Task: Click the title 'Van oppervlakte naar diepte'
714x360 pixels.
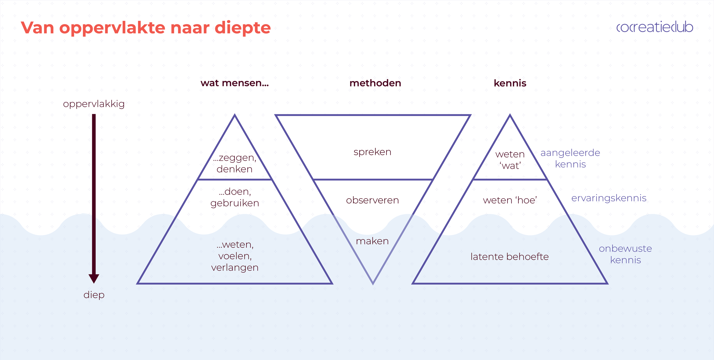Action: point(146,28)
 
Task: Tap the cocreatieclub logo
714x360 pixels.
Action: point(655,27)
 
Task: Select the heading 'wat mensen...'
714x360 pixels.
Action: point(234,83)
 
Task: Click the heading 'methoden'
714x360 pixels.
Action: point(375,83)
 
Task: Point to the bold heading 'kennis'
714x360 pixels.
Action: point(510,83)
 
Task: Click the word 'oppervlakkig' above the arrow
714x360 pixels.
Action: point(94,104)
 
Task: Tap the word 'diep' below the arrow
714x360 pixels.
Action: point(94,295)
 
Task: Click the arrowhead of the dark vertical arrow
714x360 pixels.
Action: point(94,278)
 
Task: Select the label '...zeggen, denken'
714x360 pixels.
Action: point(234,163)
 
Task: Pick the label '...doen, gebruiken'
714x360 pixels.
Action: point(234,197)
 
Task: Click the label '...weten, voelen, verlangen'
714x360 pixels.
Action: point(234,256)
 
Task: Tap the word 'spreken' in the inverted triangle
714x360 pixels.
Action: point(372,152)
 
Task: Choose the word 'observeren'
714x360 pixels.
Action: point(372,200)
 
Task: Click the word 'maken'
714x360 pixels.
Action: point(372,241)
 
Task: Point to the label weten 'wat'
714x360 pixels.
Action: point(510,160)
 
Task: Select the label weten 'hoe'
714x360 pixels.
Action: point(510,200)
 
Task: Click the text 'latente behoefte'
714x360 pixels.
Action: point(510,257)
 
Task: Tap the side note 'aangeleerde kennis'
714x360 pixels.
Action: point(570,158)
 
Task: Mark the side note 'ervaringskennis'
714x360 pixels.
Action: point(609,198)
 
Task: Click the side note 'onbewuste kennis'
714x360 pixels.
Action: point(625,254)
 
